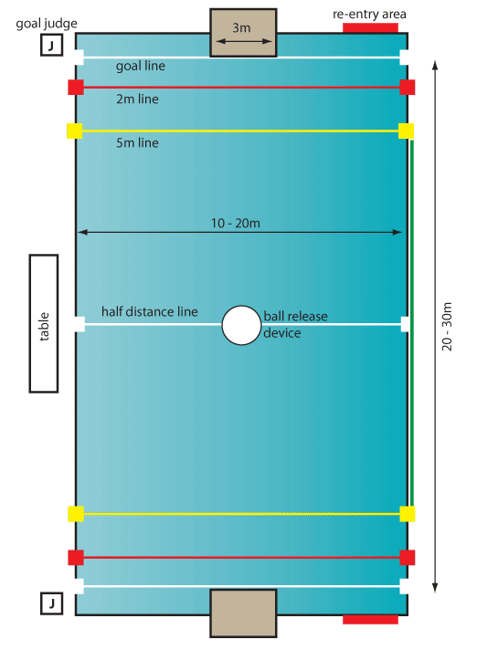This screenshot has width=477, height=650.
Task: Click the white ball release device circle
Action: click(241, 325)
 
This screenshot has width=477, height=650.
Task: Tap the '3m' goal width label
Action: click(241, 28)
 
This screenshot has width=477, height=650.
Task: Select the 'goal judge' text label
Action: click(47, 24)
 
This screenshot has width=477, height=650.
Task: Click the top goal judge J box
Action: click(51, 45)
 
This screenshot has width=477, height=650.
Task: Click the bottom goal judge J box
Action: click(51, 603)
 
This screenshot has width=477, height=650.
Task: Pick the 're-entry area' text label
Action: click(369, 15)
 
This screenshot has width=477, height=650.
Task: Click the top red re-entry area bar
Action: click(370, 27)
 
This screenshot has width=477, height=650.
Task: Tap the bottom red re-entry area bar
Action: click(370, 620)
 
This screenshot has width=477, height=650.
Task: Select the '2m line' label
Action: click(137, 100)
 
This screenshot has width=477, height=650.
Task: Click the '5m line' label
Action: click(137, 143)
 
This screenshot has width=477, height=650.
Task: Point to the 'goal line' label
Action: click(141, 66)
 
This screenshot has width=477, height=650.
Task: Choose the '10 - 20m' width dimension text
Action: click(236, 224)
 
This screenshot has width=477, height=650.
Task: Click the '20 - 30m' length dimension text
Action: click(447, 326)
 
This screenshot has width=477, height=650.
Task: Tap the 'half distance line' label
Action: click(150, 311)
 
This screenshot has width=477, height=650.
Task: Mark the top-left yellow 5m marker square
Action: click(75, 131)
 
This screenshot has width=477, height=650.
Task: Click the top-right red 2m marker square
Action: click(408, 88)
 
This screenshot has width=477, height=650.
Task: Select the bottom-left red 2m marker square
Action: click(76, 558)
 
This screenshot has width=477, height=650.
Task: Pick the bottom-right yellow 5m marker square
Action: click(408, 514)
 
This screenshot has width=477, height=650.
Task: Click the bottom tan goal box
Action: click(243, 613)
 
